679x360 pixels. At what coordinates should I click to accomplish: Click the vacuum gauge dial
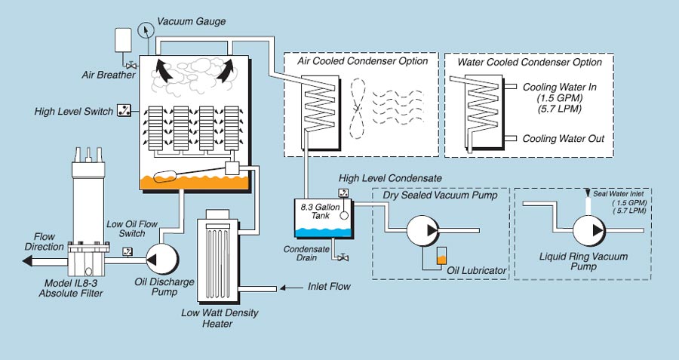pos(146,30)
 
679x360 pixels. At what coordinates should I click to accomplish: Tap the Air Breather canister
pos(123,40)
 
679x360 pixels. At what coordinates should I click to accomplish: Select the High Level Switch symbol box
pos(124,111)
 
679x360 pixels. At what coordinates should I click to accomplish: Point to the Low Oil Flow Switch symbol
pos(128,251)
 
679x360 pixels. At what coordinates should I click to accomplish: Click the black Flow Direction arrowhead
pos(27,261)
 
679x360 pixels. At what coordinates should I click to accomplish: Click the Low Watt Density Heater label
pos(220,318)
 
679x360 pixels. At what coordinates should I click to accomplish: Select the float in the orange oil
pos(165,176)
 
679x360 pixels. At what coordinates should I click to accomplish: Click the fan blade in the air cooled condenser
pos(358,109)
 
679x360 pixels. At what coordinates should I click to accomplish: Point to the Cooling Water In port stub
pos(510,87)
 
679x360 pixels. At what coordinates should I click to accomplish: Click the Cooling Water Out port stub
pos(510,138)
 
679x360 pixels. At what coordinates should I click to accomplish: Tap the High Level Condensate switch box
pos(343,193)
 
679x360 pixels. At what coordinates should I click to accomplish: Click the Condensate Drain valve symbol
pos(343,258)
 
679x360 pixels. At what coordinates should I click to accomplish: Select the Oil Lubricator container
pos(441,256)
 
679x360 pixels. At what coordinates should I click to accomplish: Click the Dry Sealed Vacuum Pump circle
pos(422,230)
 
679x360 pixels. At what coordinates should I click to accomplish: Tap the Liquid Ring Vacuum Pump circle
pos(589,230)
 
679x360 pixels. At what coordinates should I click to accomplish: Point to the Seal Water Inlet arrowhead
pos(588,192)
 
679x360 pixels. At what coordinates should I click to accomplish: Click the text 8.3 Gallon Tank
pos(321,211)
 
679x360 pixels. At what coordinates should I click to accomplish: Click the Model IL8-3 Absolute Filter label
pos(71,288)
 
